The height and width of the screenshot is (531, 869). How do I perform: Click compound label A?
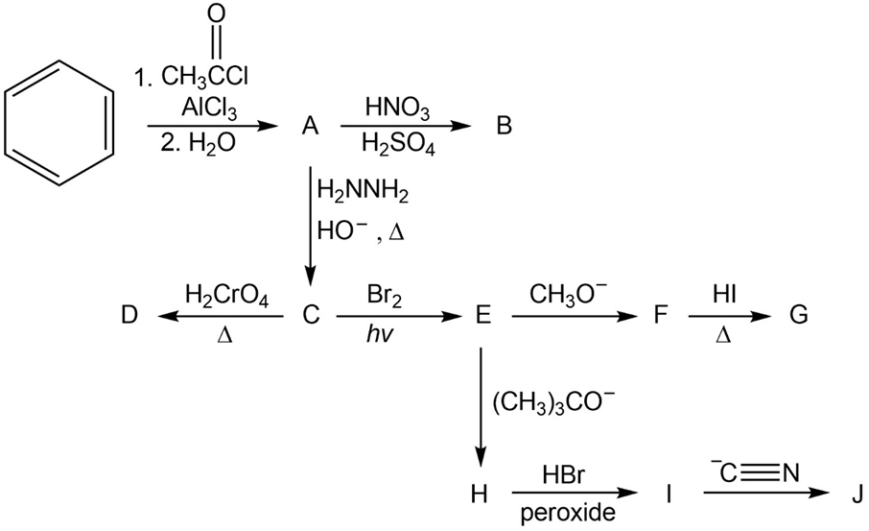[x=309, y=126]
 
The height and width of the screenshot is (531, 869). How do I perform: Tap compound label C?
[x=309, y=315]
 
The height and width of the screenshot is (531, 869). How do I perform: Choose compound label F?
[x=658, y=315]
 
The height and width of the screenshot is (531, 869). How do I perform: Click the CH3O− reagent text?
[x=566, y=293]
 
